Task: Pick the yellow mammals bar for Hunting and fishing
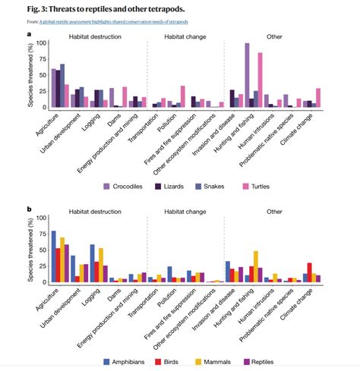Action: click(x=255, y=266)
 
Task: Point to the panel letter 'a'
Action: click(x=29, y=34)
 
